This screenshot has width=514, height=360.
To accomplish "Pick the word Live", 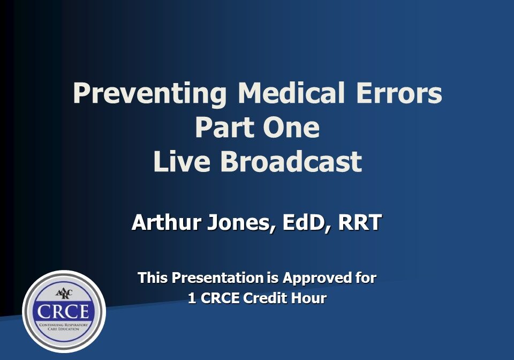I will pos(182,162).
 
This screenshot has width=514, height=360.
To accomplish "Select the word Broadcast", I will pos(290,162).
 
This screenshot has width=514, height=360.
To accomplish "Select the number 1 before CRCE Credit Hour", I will pos(192,298).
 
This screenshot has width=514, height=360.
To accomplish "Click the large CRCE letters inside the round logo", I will pos(64,313).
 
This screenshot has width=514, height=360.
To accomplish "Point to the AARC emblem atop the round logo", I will pos(64,294).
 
